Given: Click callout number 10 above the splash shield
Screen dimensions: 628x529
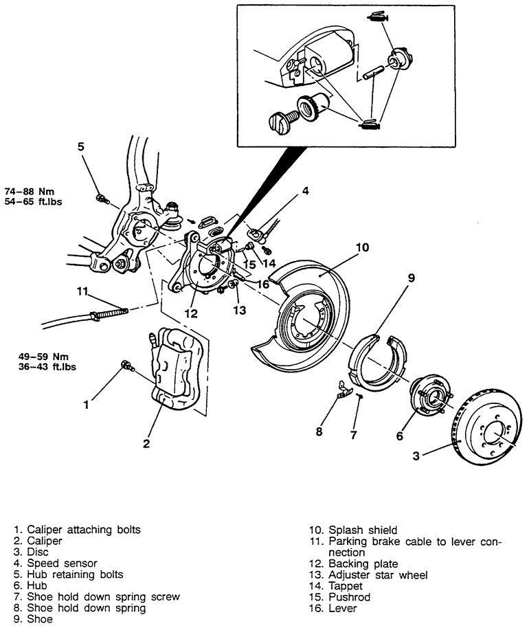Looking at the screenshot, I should click(363, 247).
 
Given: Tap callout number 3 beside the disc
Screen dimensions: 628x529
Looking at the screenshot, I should click(415, 456).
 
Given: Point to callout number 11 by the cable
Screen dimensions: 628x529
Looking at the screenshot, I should click(82, 291).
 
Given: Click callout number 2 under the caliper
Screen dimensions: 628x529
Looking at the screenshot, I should click(146, 443).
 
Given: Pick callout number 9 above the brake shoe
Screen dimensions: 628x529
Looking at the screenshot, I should click(412, 278).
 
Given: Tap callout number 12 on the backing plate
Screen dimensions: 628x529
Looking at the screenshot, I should click(191, 314).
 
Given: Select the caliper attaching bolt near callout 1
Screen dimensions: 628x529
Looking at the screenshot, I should click(126, 366).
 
